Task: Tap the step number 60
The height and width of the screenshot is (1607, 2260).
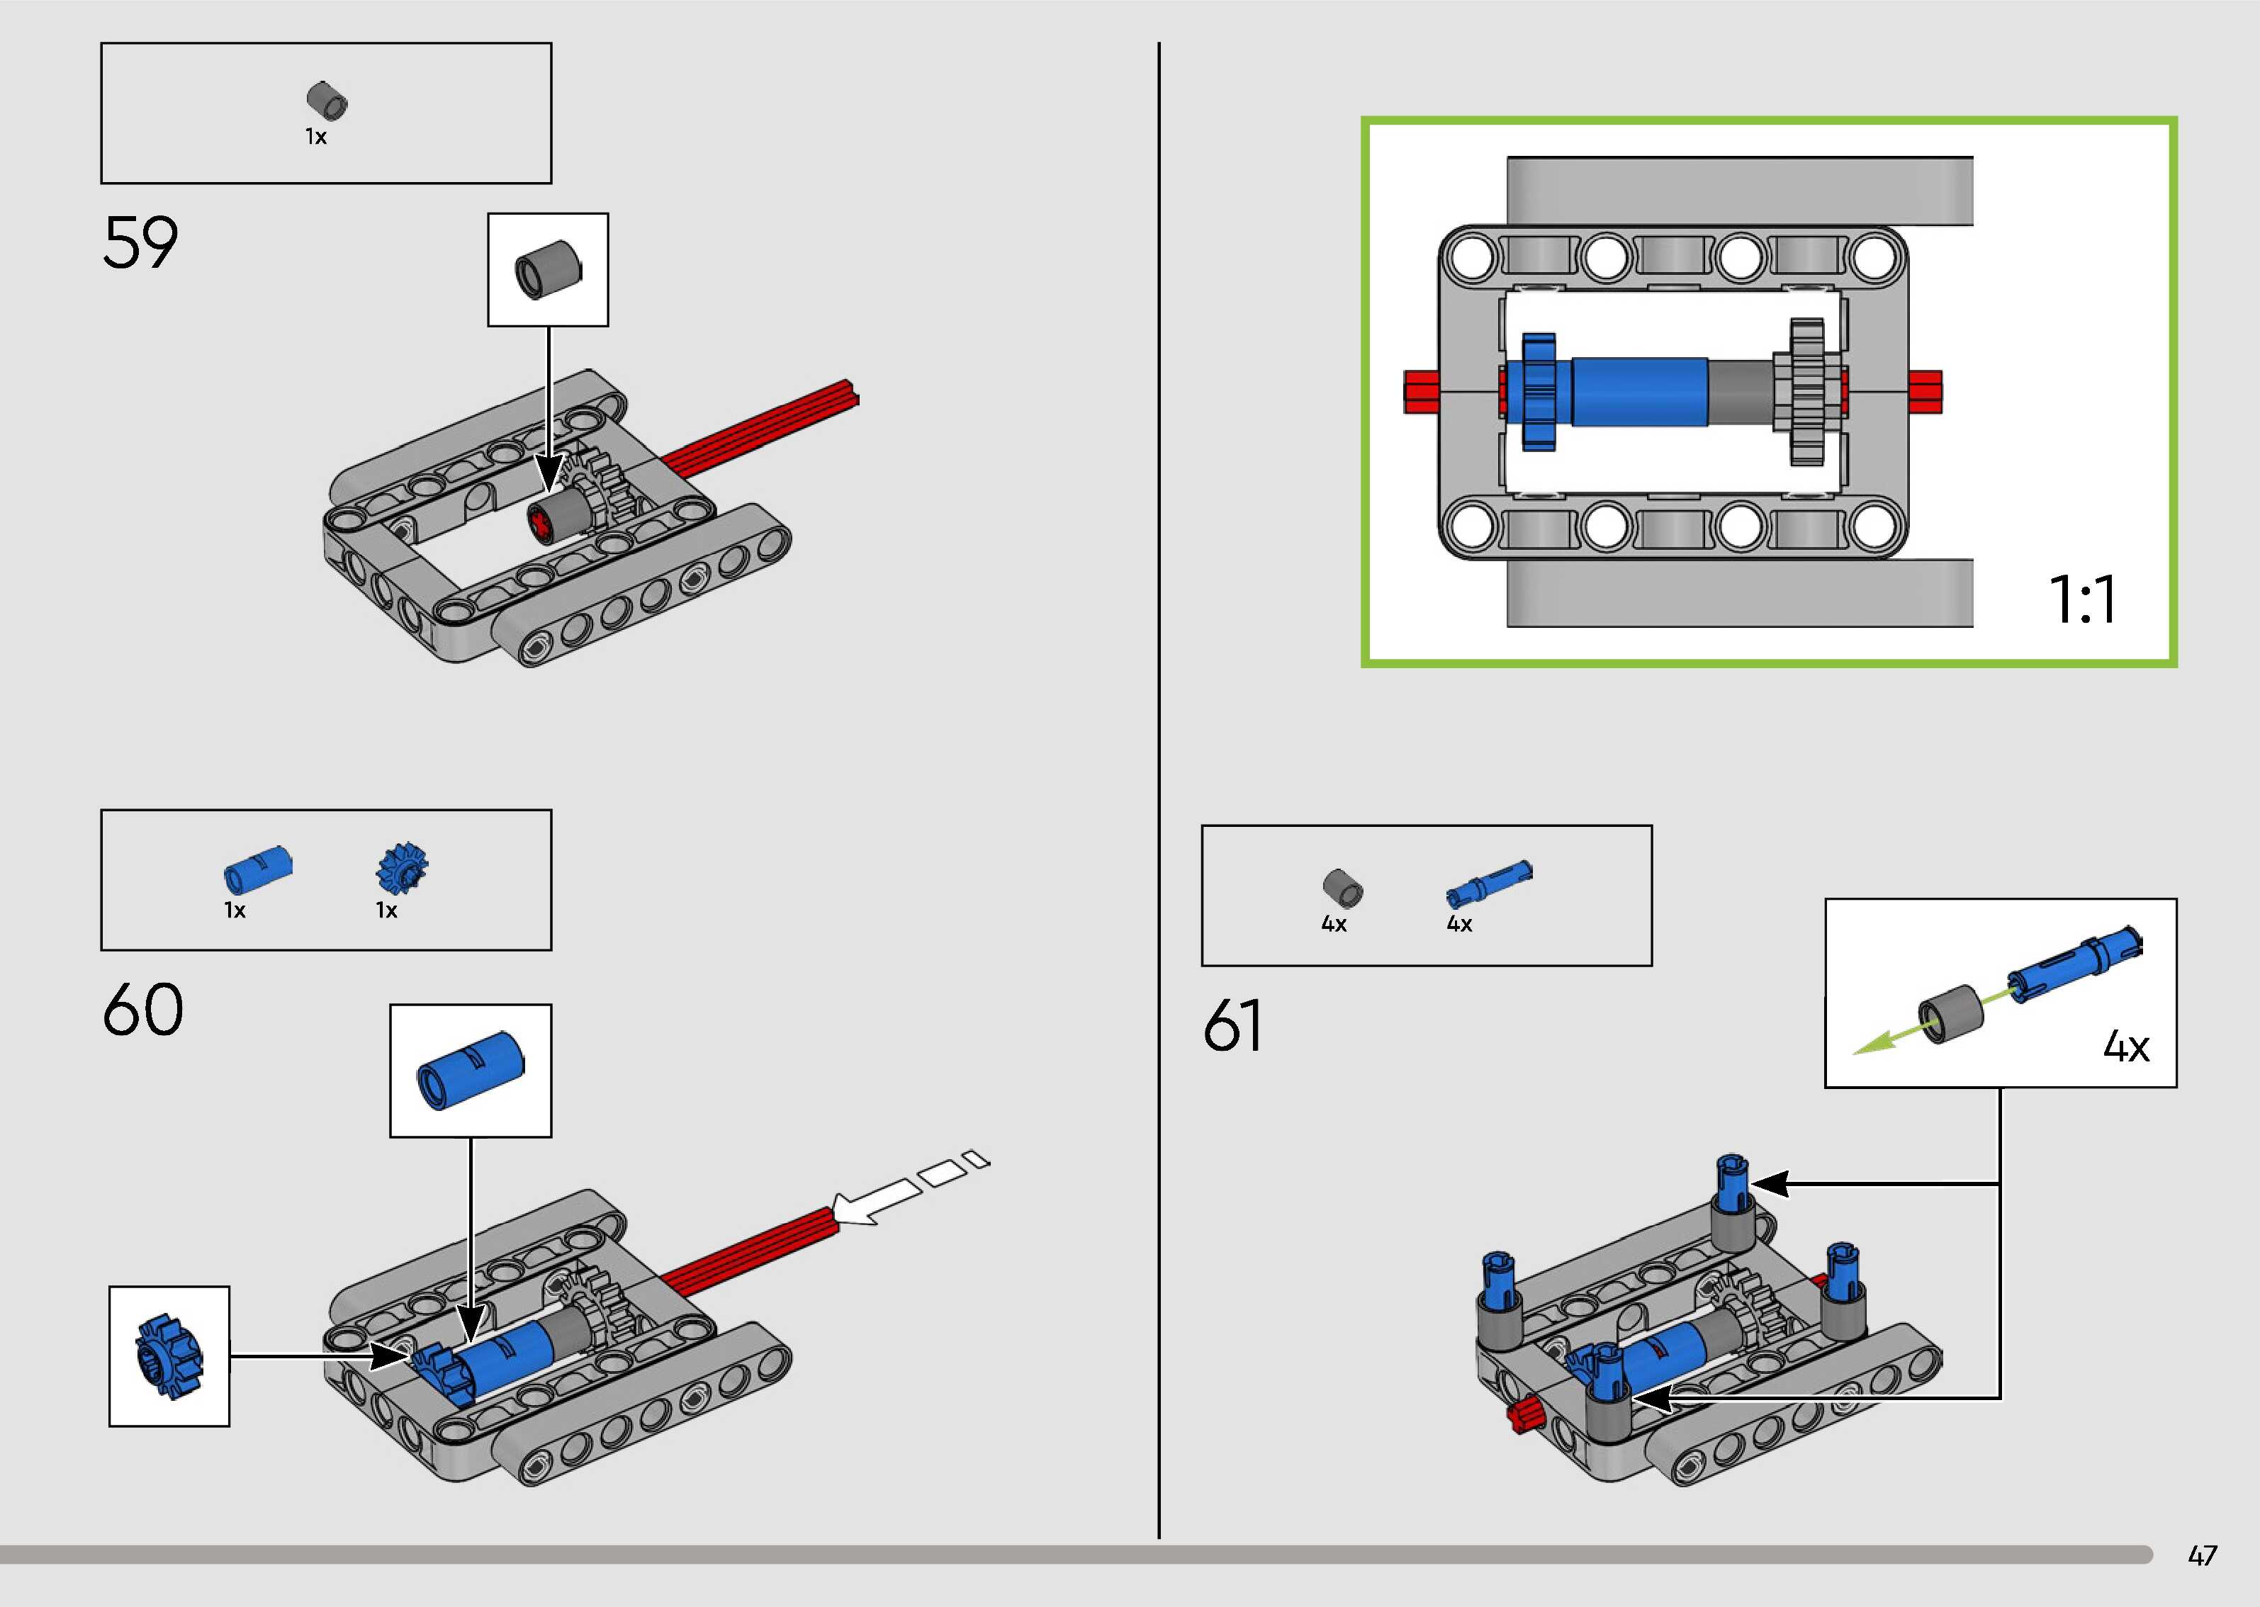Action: click(x=142, y=1010)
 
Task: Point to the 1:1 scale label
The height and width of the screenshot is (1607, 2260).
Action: click(x=2082, y=599)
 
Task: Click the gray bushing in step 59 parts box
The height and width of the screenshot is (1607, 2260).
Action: click(x=327, y=101)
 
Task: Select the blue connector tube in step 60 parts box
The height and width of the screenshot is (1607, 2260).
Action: click(x=257, y=868)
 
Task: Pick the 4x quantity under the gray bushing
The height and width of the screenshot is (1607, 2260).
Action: click(x=1334, y=924)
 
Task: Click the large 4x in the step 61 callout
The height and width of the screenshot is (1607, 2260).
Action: click(x=2125, y=1046)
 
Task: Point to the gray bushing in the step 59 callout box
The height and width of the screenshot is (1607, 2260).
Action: click(x=547, y=269)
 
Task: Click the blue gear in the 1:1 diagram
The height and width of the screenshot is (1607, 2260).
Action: click(x=1539, y=392)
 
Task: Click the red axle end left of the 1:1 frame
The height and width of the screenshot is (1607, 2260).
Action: click(x=1421, y=391)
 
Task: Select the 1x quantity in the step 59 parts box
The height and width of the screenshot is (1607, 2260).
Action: click(x=315, y=137)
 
